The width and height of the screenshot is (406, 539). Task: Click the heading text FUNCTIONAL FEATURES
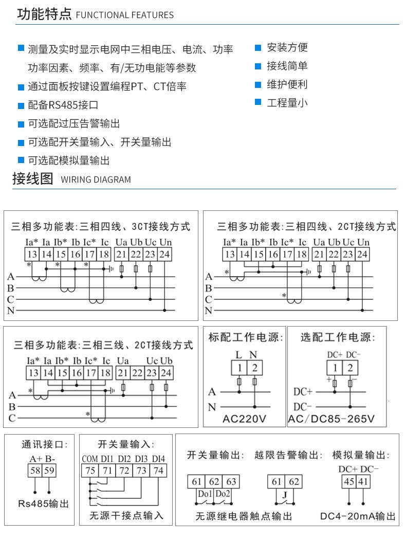pyautogui.click(x=124, y=15)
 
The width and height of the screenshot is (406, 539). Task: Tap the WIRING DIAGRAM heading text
pyautogui.click(x=96, y=179)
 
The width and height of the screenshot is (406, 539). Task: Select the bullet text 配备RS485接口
pyautogui.click(x=63, y=105)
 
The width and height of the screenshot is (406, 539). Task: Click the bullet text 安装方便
pyautogui.click(x=287, y=47)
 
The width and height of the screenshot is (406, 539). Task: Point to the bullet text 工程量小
pyautogui.click(x=287, y=102)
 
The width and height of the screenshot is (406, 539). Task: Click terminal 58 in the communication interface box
pyautogui.click(x=35, y=470)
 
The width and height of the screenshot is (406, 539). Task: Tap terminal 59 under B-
pyautogui.click(x=49, y=470)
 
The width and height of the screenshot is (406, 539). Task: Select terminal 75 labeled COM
pyautogui.click(x=90, y=470)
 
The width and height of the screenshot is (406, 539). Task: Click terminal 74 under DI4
pyautogui.click(x=158, y=470)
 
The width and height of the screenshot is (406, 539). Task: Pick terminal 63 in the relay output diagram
pyautogui.click(x=231, y=481)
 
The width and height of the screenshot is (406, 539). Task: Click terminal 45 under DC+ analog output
pyautogui.click(x=350, y=481)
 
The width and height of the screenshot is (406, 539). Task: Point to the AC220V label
pyautogui.click(x=244, y=419)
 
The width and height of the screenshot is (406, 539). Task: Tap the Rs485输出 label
pyautogui.click(x=43, y=503)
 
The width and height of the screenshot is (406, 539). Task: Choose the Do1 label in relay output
pyautogui.click(x=205, y=494)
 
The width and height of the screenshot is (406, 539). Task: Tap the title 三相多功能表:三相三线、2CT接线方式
pyautogui.click(x=103, y=345)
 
